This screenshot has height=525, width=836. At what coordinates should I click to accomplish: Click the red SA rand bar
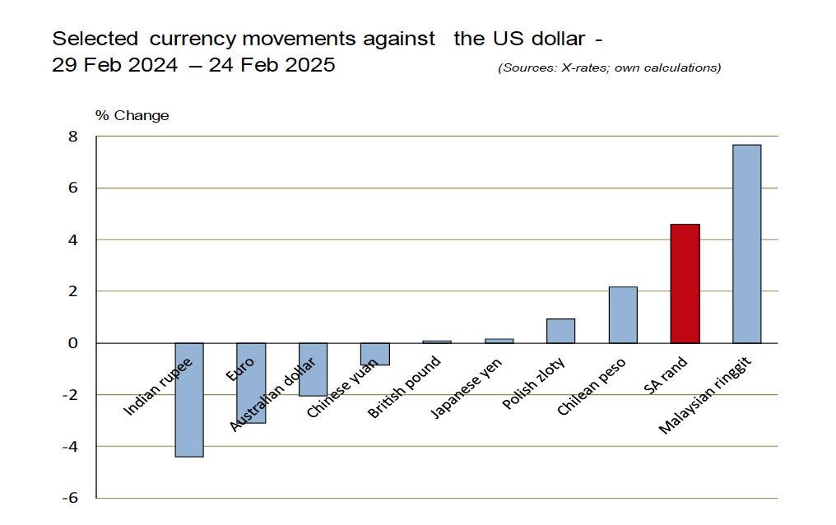(x=685, y=283)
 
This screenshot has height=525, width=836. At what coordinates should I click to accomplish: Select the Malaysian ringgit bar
(x=746, y=244)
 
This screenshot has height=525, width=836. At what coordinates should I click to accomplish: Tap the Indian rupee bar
(x=188, y=428)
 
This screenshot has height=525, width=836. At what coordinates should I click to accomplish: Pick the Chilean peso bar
(x=623, y=314)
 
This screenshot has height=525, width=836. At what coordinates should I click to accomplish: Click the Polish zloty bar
(x=560, y=331)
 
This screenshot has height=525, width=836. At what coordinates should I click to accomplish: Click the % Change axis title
(x=132, y=115)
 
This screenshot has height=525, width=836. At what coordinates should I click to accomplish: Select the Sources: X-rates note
(x=609, y=67)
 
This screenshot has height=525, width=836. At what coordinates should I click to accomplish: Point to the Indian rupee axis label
(x=158, y=386)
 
